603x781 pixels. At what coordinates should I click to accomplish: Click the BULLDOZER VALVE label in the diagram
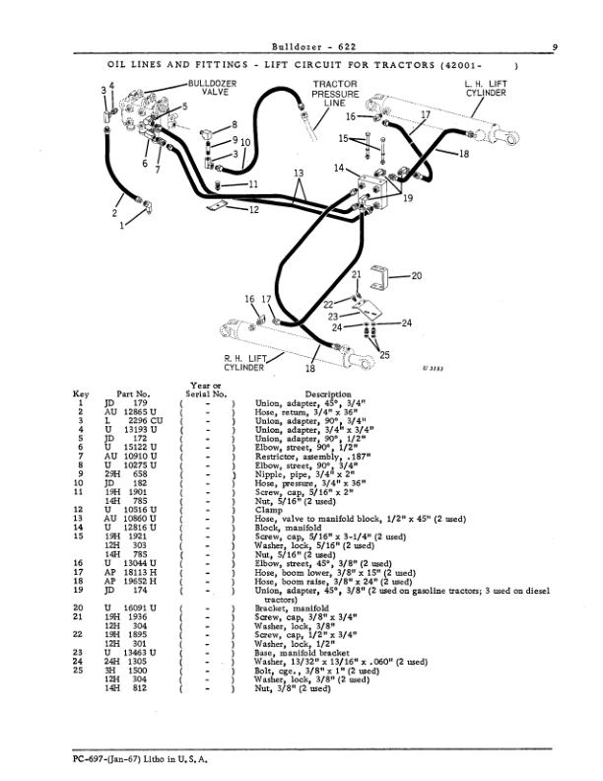[213, 88]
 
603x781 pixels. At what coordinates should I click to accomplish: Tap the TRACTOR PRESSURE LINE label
[335, 94]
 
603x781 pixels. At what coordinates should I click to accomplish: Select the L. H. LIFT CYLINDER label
[486, 89]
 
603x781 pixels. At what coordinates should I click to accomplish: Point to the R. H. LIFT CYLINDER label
[244, 363]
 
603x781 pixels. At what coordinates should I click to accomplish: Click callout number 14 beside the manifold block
[339, 168]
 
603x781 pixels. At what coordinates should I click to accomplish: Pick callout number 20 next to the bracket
[417, 275]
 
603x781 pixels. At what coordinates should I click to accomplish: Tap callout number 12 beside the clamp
[254, 210]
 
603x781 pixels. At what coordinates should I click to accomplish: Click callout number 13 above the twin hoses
[299, 174]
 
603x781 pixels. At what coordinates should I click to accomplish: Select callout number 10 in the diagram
[245, 143]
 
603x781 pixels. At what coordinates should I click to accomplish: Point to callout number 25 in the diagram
[384, 355]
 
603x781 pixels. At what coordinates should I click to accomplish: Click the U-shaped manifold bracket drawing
[379, 277]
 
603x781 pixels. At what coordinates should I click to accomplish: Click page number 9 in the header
[555, 46]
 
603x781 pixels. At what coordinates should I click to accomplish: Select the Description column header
[328, 394]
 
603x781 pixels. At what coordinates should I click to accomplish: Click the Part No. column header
[133, 394]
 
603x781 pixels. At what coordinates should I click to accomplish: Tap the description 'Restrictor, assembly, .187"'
[313, 457]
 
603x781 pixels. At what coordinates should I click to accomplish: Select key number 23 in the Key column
[78, 653]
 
